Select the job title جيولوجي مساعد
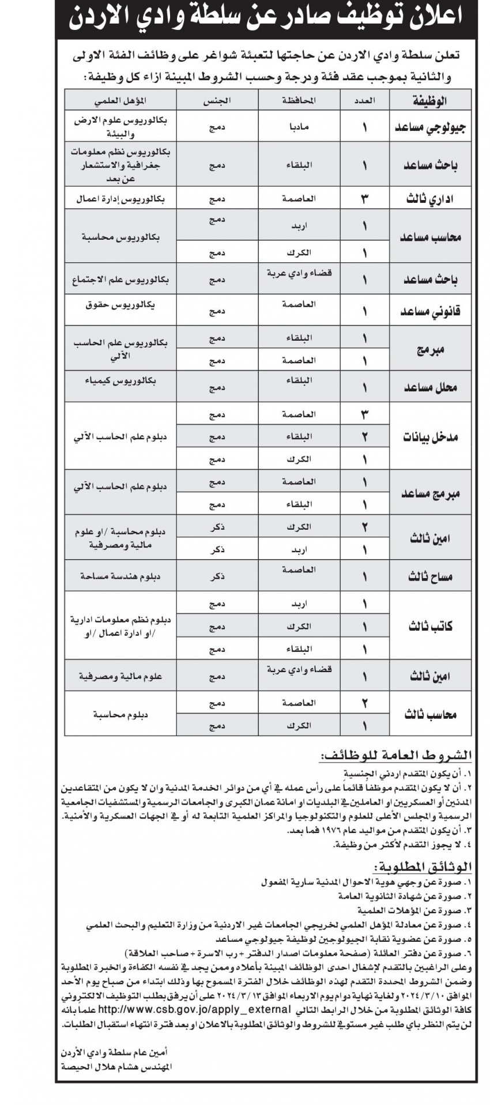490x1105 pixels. [x=430, y=128]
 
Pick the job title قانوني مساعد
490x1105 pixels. [x=430, y=312]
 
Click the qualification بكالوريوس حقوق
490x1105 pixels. [x=121, y=304]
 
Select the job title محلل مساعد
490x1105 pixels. [x=430, y=387]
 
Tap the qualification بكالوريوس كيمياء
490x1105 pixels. [x=121, y=381]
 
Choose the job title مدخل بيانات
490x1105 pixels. [x=430, y=437]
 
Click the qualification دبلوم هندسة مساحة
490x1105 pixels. [x=121, y=576]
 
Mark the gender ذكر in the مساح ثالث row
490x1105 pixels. [x=217, y=576]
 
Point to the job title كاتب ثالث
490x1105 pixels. [x=430, y=627]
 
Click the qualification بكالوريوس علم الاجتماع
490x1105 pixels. [x=121, y=280]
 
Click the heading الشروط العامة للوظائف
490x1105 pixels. [x=398, y=756]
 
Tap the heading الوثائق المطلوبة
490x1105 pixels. [x=423, y=867]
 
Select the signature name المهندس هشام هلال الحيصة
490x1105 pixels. [x=117, y=1066]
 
